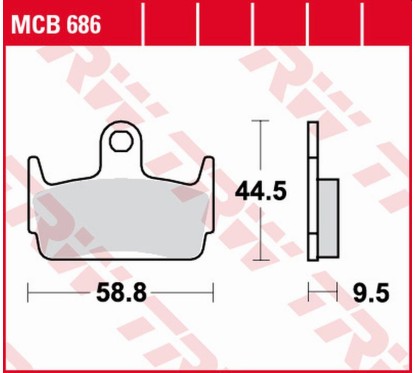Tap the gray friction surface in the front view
tap(120, 215)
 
